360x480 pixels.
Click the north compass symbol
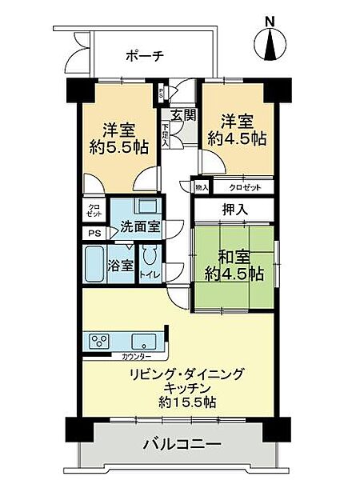point(272,46)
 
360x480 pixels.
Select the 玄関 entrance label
point(182,114)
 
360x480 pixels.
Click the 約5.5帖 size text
point(117,146)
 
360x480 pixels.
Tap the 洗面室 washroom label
point(139,226)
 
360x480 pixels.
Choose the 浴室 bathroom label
point(122,266)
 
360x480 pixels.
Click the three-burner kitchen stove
point(98,339)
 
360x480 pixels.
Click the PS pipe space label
point(92,234)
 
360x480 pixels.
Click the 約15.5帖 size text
point(186,402)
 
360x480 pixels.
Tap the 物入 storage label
point(201,187)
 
